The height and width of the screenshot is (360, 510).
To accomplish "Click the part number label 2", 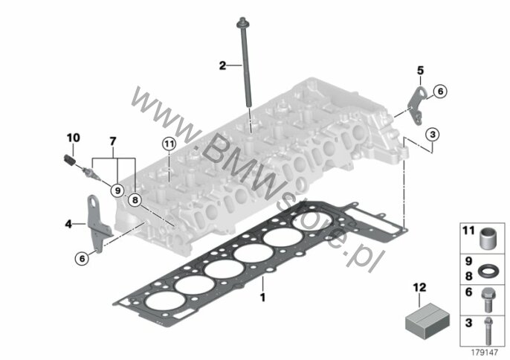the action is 222,65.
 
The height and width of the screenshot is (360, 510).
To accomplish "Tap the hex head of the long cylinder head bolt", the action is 242,23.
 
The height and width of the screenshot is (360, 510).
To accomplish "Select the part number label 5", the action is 421,70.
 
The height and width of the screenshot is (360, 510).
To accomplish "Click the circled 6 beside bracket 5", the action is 440,91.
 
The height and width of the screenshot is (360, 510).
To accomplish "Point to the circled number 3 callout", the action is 432,134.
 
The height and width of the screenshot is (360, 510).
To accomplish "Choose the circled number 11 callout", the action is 170,144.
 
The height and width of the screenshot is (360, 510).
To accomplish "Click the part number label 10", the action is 73,138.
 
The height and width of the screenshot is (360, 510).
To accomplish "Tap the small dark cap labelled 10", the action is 69,160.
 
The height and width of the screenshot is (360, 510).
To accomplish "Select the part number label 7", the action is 112,141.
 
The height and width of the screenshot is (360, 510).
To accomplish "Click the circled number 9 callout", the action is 117,190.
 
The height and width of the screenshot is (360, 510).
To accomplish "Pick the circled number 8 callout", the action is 135,200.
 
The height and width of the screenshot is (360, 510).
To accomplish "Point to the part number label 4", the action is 68,224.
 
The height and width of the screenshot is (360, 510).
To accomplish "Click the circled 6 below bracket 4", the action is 82,258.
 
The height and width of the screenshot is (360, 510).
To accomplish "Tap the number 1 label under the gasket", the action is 263,298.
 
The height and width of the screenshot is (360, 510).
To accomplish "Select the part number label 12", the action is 419,287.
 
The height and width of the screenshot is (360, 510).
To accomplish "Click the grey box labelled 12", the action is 427,321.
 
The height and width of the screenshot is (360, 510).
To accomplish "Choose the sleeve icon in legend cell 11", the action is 487,238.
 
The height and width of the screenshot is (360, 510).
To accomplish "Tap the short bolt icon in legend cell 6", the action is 487,300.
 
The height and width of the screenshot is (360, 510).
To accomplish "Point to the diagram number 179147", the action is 485,353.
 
